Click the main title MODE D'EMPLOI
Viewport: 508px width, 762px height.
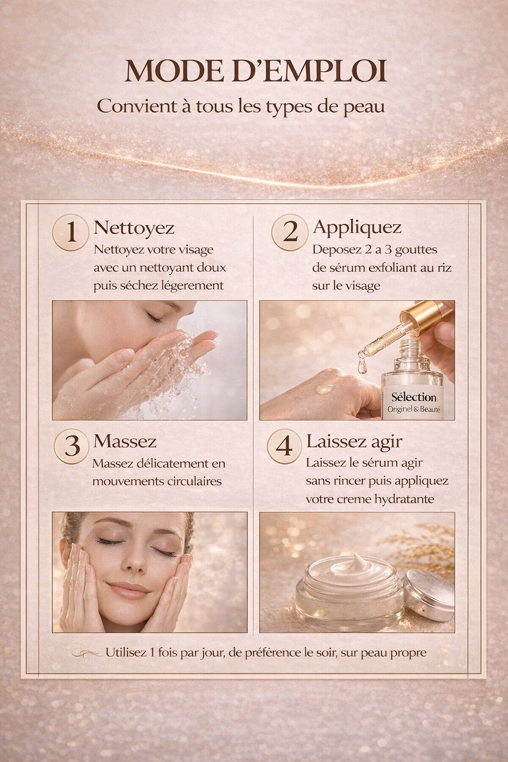pos(255,71)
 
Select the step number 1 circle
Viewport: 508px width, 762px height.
pos(71,232)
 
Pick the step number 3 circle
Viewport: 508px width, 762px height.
pos(72,446)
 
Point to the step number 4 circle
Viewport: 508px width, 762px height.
pos(284,446)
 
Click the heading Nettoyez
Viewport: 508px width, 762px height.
pos(134,228)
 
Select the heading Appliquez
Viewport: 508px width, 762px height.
pos(357,227)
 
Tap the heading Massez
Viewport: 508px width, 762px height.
pos(125,441)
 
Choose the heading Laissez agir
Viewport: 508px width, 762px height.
pos(354,441)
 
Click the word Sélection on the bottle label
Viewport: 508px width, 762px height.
pos(414,397)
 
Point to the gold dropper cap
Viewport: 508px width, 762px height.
pos(427,317)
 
